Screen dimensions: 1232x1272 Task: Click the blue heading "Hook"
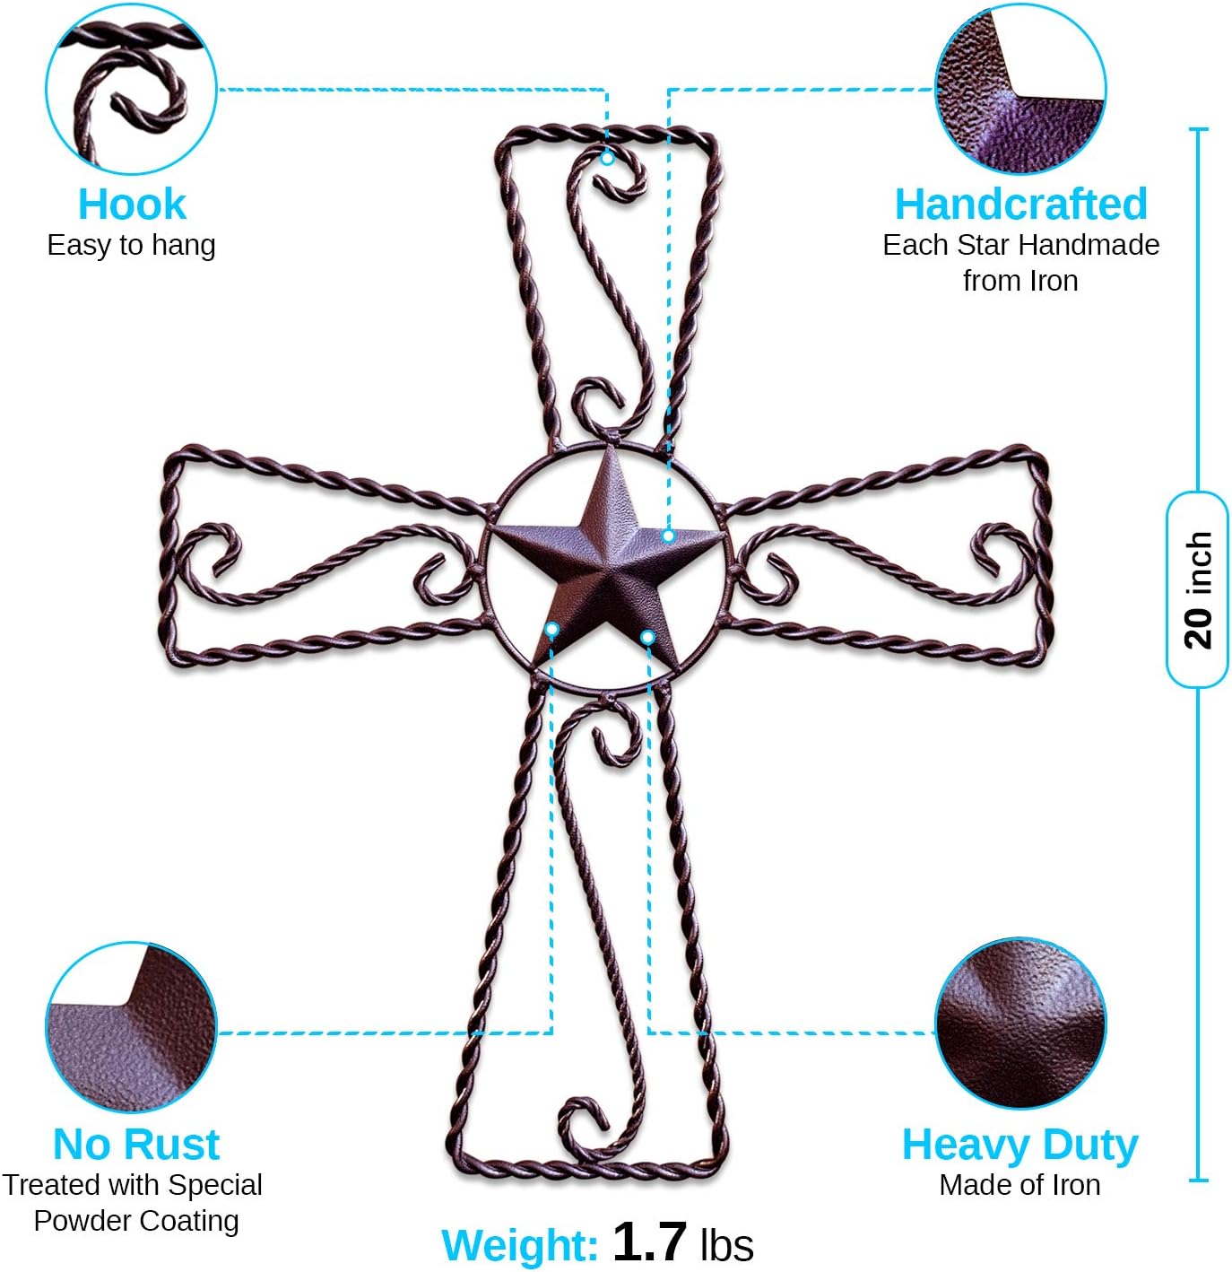132,205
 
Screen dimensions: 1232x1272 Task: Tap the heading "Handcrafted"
1020,205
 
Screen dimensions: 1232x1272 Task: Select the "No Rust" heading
136,1145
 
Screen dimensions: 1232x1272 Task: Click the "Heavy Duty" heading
1019,1145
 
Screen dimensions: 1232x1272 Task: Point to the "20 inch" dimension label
1197,589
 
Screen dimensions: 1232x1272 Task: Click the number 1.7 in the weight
649,1242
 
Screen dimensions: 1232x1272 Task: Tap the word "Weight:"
519,1245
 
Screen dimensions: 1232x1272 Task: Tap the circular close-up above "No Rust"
131,1027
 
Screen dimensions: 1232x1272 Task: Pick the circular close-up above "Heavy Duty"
1020,1024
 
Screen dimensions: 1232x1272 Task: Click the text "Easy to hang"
131,245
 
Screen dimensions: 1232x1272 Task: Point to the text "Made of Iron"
1019,1185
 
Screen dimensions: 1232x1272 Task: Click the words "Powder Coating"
136,1221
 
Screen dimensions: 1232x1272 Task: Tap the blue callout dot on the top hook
607,158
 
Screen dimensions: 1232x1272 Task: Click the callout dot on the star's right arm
668,536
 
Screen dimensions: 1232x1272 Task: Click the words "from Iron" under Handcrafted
1020,281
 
